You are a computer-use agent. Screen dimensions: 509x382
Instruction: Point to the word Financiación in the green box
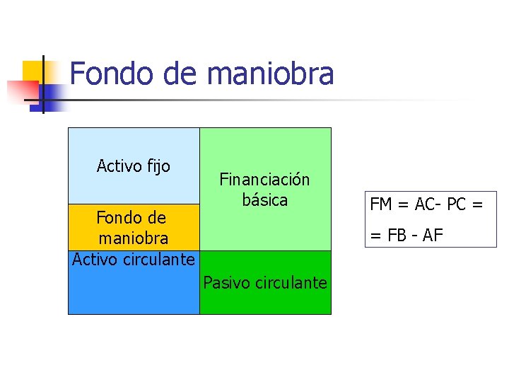click(x=264, y=180)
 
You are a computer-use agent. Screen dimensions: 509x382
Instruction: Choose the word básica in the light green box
click(x=265, y=200)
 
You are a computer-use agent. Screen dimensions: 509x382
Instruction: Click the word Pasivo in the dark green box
click(x=223, y=283)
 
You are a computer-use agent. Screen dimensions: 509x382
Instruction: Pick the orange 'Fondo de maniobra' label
click(x=132, y=227)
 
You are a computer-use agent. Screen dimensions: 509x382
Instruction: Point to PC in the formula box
click(x=456, y=204)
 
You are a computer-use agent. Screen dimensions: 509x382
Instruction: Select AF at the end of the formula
click(x=433, y=235)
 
